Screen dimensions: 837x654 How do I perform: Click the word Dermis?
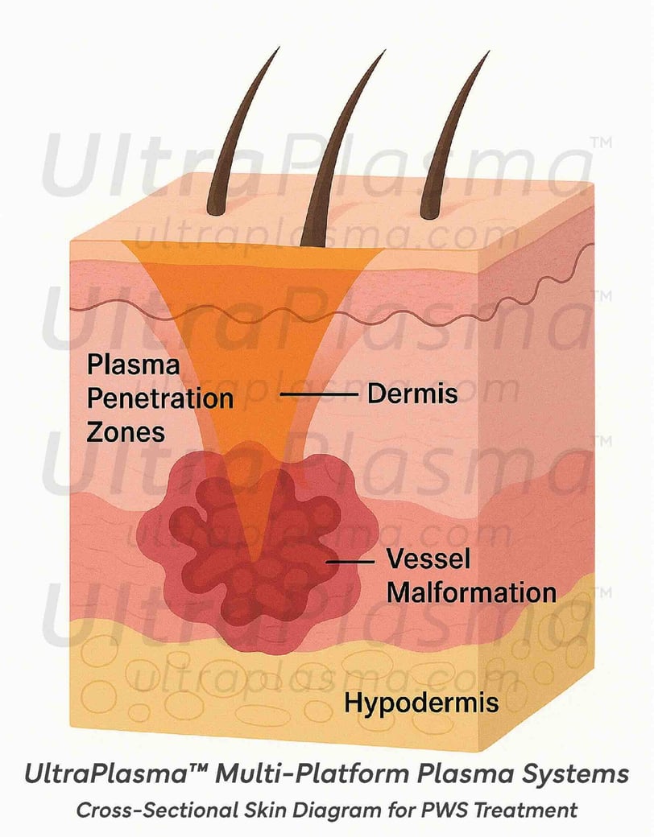tap(412, 394)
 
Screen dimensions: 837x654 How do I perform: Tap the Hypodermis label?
tap(421, 703)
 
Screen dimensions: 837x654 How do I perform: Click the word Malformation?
tap(471, 592)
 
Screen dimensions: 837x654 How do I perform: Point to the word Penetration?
tap(159, 398)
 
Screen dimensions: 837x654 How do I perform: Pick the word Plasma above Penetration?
tap(133, 365)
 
